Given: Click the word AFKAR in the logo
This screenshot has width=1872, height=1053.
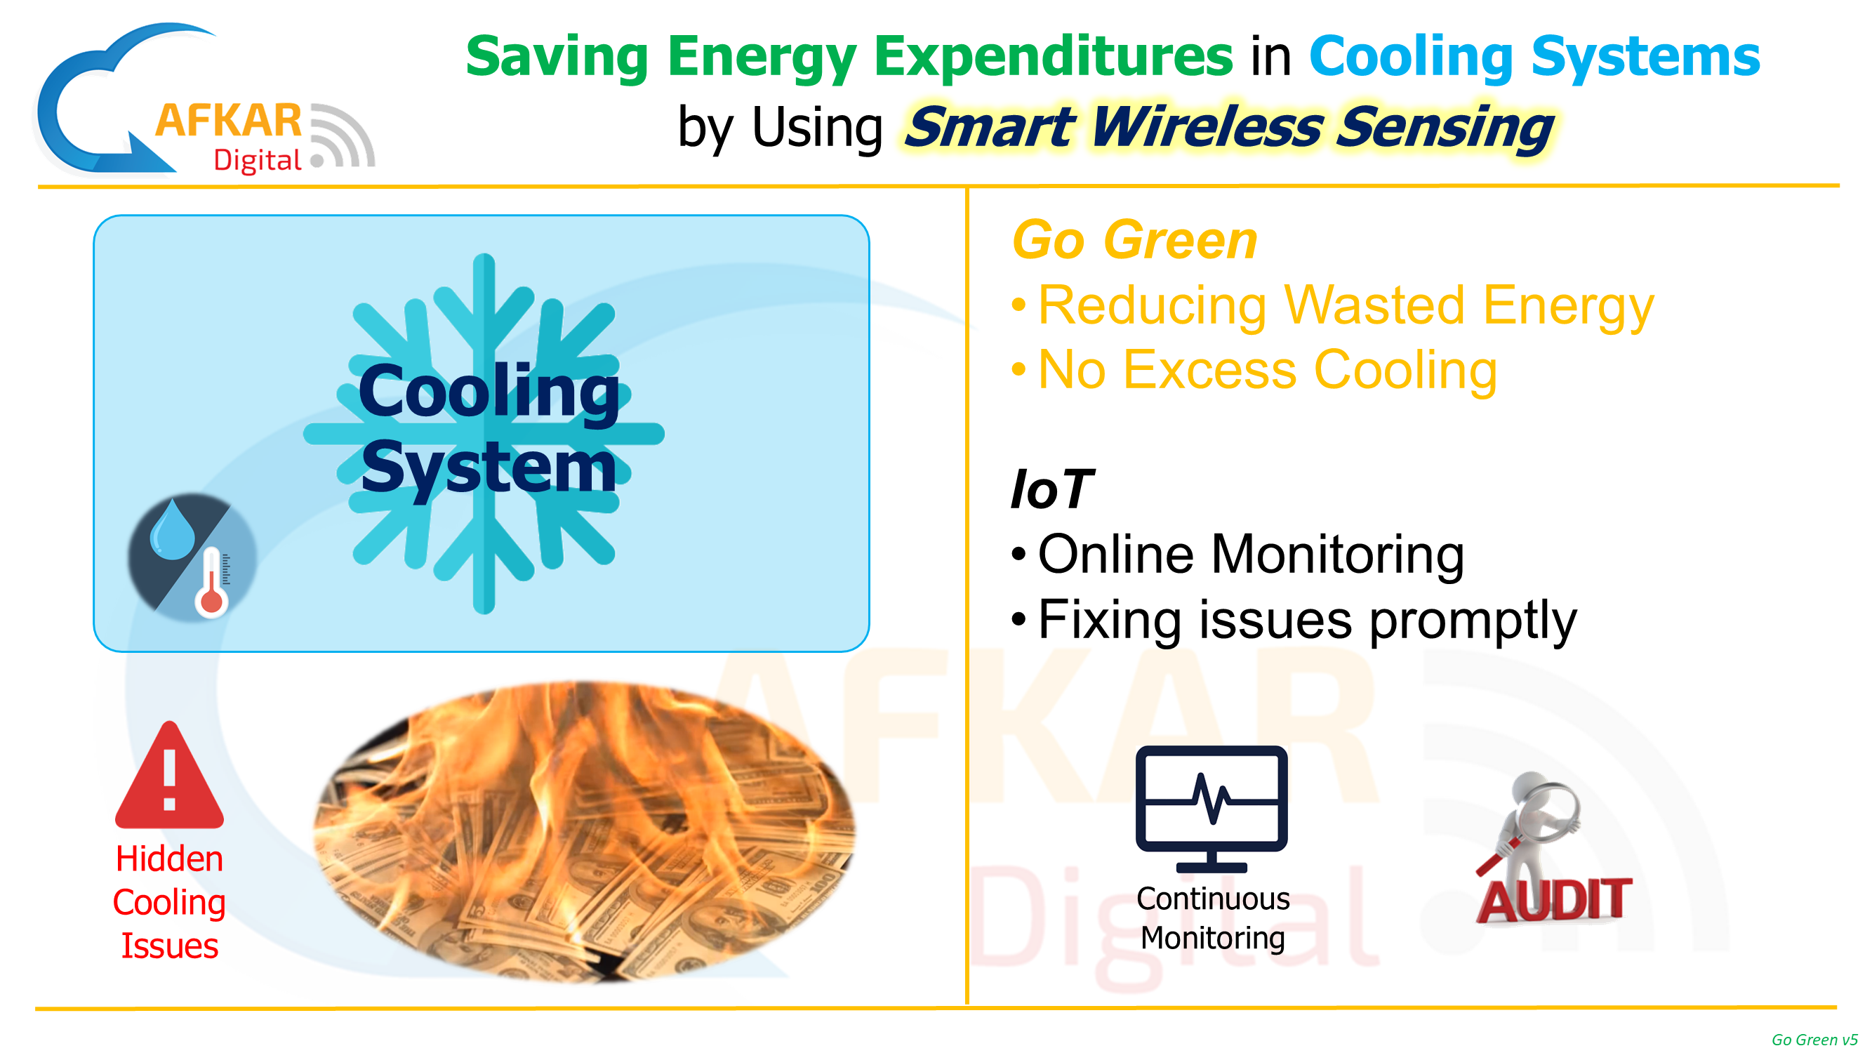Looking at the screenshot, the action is click(x=229, y=121).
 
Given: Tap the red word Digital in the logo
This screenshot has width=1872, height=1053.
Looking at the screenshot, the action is click(x=258, y=161).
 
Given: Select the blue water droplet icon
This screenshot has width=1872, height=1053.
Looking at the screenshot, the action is click(x=172, y=529).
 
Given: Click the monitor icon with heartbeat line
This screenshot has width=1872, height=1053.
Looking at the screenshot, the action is click(x=1212, y=809).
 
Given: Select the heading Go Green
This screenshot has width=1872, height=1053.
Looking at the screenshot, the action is click(x=1134, y=240).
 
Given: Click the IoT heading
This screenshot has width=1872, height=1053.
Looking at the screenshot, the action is click(x=1051, y=489).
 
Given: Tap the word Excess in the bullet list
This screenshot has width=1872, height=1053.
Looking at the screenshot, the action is click(x=1210, y=370).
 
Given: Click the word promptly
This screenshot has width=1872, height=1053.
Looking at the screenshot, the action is click(x=1473, y=621).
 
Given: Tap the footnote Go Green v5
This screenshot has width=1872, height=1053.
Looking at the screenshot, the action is click(x=1814, y=1040).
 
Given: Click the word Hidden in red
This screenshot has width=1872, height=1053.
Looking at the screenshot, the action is click(x=169, y=859).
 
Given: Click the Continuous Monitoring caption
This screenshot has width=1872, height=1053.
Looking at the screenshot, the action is click(x=1213, y=918).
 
